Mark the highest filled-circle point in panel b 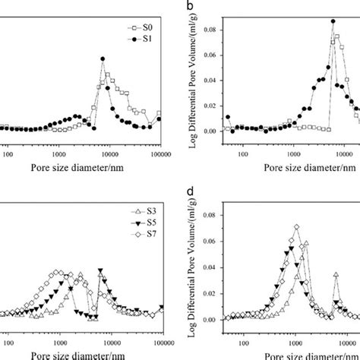click(x=333, y=21)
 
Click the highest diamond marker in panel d click(x=296, y=226)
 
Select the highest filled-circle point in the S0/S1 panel click(x=103, y=58)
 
